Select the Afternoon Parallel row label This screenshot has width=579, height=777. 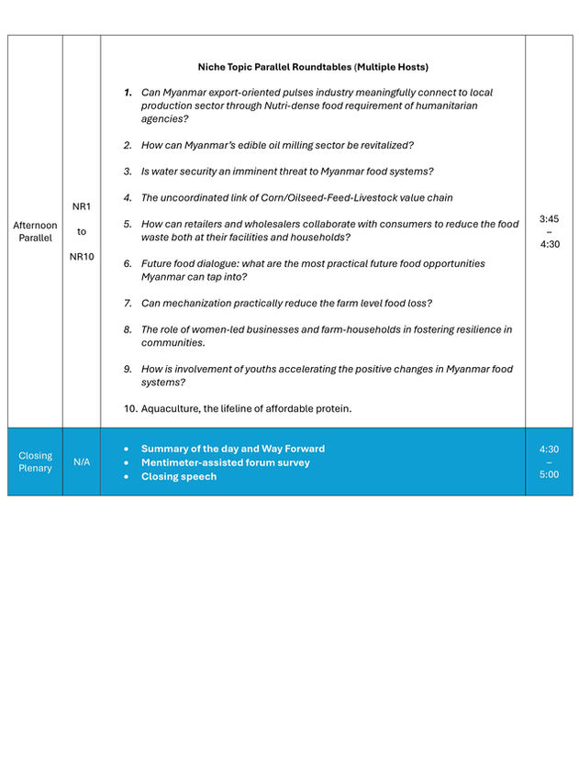35,231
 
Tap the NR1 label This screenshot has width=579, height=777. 82,206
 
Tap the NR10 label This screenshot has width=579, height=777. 82,256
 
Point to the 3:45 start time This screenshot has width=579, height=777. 550,219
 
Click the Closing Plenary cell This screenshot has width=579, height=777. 35,461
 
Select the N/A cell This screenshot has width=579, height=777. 82,461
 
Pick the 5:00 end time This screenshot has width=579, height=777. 550,474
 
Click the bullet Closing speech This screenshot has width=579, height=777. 179,476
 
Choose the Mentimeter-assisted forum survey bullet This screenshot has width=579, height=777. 225,462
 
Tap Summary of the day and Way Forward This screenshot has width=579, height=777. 232,449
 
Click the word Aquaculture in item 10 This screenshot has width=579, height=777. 171,408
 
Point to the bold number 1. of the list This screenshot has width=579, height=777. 128,93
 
